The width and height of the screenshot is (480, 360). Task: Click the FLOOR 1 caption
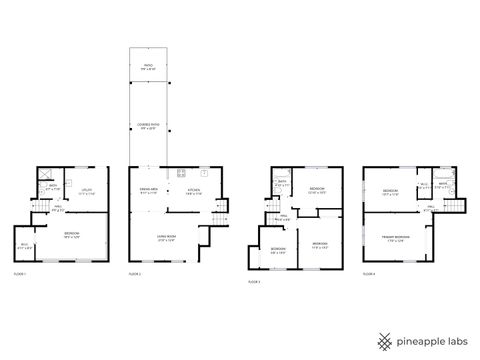click(20, 272)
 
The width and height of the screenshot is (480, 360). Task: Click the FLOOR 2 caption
click(134, 272)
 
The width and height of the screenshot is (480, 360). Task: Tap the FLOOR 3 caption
click(254, 282)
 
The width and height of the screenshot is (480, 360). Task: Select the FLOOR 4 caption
click(369, 272)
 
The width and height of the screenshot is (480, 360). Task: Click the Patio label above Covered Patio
click(147, 66)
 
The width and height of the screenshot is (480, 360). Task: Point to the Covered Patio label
click(147, 125)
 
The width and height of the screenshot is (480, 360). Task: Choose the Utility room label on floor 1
click(87, 194)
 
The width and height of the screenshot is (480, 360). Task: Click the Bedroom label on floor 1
click(72, 236)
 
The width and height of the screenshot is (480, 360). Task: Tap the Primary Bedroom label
click(396, 238)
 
